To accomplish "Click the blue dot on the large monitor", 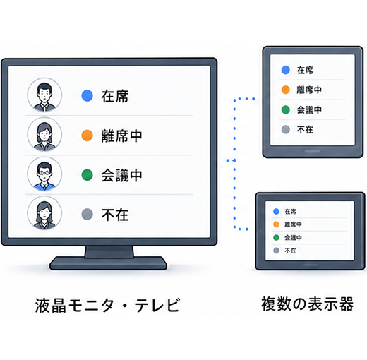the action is pos(87,95).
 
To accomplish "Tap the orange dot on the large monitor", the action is pos(87,136).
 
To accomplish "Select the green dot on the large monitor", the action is pos(87,175).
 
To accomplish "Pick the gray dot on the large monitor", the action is pos(87,214).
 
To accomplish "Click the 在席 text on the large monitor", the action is pos(115,96).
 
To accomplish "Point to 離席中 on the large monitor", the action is pos(121,136).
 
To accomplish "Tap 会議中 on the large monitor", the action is pos(121,175).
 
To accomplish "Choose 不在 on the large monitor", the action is pos(115,215).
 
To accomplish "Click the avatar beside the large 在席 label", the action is pos(44,95).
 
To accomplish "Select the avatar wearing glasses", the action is pos(44,174).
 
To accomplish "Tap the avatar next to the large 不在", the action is pos(44,213).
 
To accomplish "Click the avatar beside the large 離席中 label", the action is pos(44,134).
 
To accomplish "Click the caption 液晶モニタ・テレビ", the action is pos(107,305).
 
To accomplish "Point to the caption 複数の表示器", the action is pos(308,304).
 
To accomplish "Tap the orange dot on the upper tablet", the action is pos(286,90).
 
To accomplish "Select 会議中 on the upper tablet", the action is pos(309,109).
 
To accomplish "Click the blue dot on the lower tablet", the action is pos(276,211).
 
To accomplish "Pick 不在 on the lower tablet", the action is pos(290,251).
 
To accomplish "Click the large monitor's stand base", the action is pos(108,263).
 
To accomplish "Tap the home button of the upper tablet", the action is pos(313,151).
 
